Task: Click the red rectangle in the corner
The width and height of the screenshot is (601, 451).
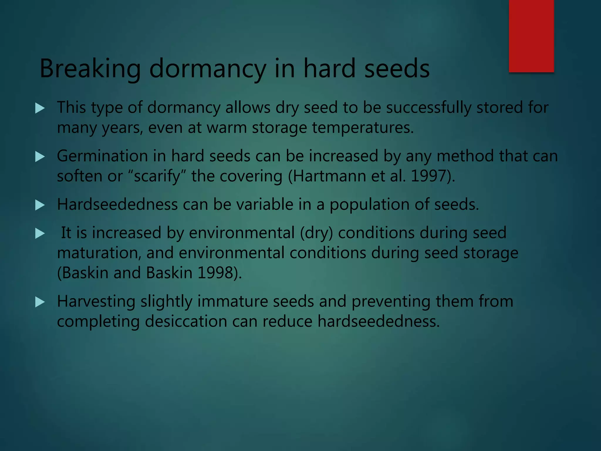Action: click(531, 36)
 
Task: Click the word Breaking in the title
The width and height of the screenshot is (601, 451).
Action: click(90, 69)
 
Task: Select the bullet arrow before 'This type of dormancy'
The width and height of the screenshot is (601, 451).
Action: click(40, 108)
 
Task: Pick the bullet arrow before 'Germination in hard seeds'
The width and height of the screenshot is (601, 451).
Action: click(40, 156)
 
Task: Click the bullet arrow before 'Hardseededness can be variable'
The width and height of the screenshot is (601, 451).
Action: click(40, 205)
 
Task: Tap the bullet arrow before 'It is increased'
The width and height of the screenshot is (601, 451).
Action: click(40, 233)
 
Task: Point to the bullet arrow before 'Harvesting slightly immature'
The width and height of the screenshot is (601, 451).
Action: click(40, 302)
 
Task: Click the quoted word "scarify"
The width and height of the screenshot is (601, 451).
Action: click(157, 176)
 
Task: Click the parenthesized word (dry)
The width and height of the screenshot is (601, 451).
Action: click(316, 233)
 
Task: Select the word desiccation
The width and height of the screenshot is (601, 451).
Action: click(186, 321)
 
